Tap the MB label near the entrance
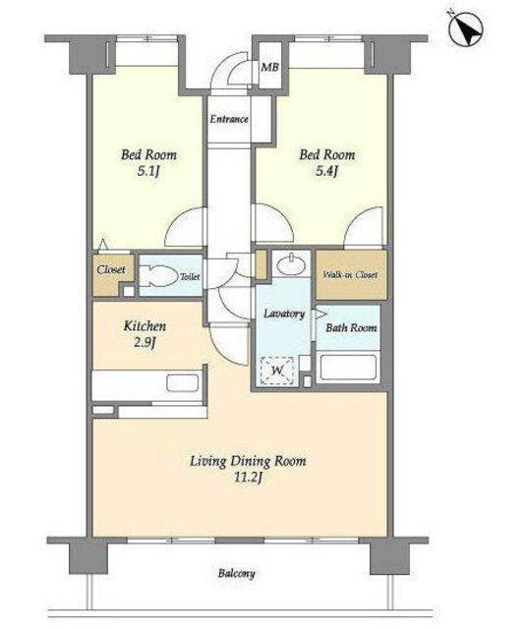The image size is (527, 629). tap(269, 67)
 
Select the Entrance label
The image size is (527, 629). tap(229, 119)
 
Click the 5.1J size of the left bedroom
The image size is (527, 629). tap(148, 172)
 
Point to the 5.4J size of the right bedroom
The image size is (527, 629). tap(326, 172)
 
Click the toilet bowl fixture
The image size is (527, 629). tap(159, 275)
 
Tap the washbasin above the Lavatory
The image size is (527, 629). tap(291, 264)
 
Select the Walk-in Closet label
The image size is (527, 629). tap(350, 275)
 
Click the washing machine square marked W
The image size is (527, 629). tap(277, 371)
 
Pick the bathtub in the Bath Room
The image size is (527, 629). tap(348, 367)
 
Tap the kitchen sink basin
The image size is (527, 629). tap(183, 383)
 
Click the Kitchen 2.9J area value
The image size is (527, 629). tap(145, 343)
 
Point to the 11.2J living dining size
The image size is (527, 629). tap(248, 478)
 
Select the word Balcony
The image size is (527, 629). tap(236, 573)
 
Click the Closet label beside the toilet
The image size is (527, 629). tap(111, 269)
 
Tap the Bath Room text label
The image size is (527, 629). tap(351, 327)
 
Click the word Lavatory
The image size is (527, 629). tap(284, 314)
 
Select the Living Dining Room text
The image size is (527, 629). tap(248, 461)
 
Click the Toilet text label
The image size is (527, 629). tap(190, 276)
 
